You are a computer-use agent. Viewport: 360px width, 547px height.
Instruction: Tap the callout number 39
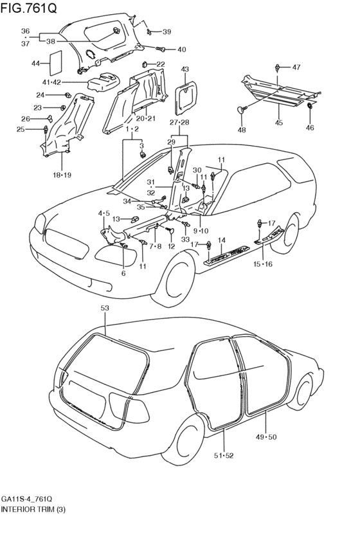click(x=166, y=32)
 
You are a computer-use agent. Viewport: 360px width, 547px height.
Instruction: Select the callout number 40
click(x=181, y=49)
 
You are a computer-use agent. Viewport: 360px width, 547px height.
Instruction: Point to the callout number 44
click(x=35, y=64)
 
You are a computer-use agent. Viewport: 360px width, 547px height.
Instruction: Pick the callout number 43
click(x=185, y=69)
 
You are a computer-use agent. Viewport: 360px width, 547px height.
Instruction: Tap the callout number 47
click(x=296, y=67)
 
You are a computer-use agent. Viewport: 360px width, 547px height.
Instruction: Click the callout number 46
click(x=310, y=128)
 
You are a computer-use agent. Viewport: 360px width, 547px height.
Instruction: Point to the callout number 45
click(x=278, y=123)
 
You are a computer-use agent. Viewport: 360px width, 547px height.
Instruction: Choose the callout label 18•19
click(x=62, y=175)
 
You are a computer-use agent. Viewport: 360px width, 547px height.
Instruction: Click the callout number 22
click(x=161, y=64)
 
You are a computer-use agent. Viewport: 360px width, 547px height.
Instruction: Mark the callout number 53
click(x=105, y=308)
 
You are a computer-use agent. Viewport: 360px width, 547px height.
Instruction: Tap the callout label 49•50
click(x=265, y=436)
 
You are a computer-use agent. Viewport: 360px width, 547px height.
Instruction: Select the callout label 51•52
click(x=224, y=456)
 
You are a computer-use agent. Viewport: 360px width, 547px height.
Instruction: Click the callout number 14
click(x=222, y=240)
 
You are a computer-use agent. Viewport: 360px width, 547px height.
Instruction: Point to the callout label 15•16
click(x=264, y=264)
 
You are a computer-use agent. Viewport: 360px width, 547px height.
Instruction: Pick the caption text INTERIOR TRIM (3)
click(x=33, y=509)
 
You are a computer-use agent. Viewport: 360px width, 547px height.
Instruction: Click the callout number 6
click(x=123, y=274)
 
